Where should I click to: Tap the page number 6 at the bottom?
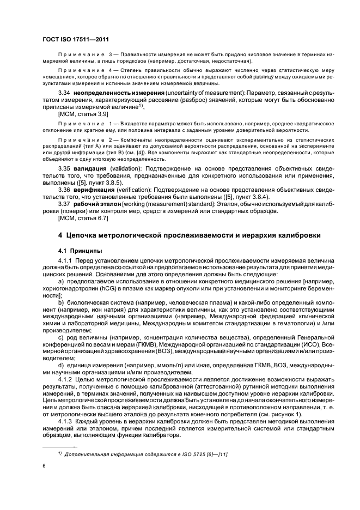[x=44, y=466]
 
